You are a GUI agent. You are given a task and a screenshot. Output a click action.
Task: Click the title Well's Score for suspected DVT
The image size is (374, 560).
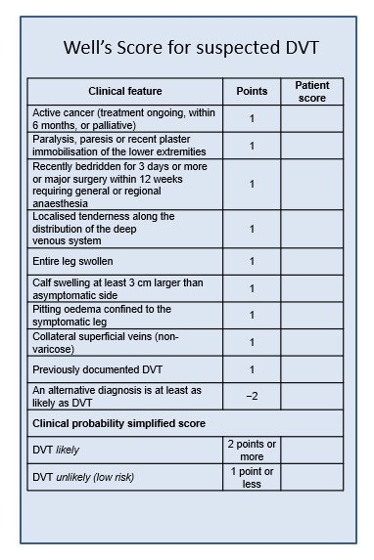point(191,47)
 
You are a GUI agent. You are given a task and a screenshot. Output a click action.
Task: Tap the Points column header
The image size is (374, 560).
point(252,91)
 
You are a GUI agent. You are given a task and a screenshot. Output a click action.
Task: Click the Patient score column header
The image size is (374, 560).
point(311,91)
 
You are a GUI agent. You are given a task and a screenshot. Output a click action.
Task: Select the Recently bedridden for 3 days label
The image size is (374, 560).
point(123,184)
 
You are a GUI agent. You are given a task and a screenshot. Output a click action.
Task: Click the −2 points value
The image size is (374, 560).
point(252,396)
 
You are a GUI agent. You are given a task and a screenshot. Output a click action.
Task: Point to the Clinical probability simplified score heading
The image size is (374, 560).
point(118,423)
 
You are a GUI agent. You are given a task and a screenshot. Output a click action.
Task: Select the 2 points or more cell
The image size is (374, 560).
point(252,450)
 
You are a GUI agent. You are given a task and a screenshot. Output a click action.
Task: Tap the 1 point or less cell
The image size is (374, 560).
point(252,477)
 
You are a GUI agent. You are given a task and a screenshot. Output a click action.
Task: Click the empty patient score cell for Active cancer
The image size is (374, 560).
point(311,118)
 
